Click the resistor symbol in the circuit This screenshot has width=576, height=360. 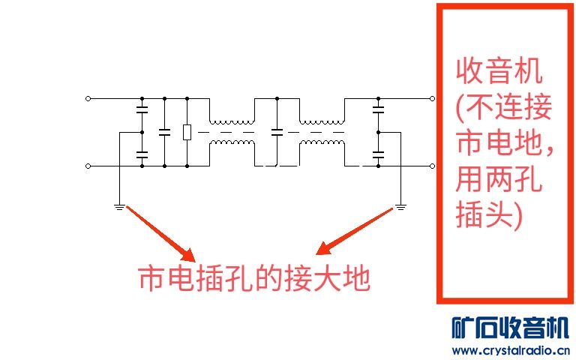tap(187, 132)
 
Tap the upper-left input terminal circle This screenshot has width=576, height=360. tap(88, 98)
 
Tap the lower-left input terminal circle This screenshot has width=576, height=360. tap(88, 166)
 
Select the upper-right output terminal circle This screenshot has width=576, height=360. tap(432, 98)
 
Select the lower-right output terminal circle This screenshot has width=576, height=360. tap(432, 166)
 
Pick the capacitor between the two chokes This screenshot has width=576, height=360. tap(277, 132)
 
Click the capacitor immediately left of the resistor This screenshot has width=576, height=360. tap(164, 132)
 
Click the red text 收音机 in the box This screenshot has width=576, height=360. tap(499, 73)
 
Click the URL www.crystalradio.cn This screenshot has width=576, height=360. tap(511, 350)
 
